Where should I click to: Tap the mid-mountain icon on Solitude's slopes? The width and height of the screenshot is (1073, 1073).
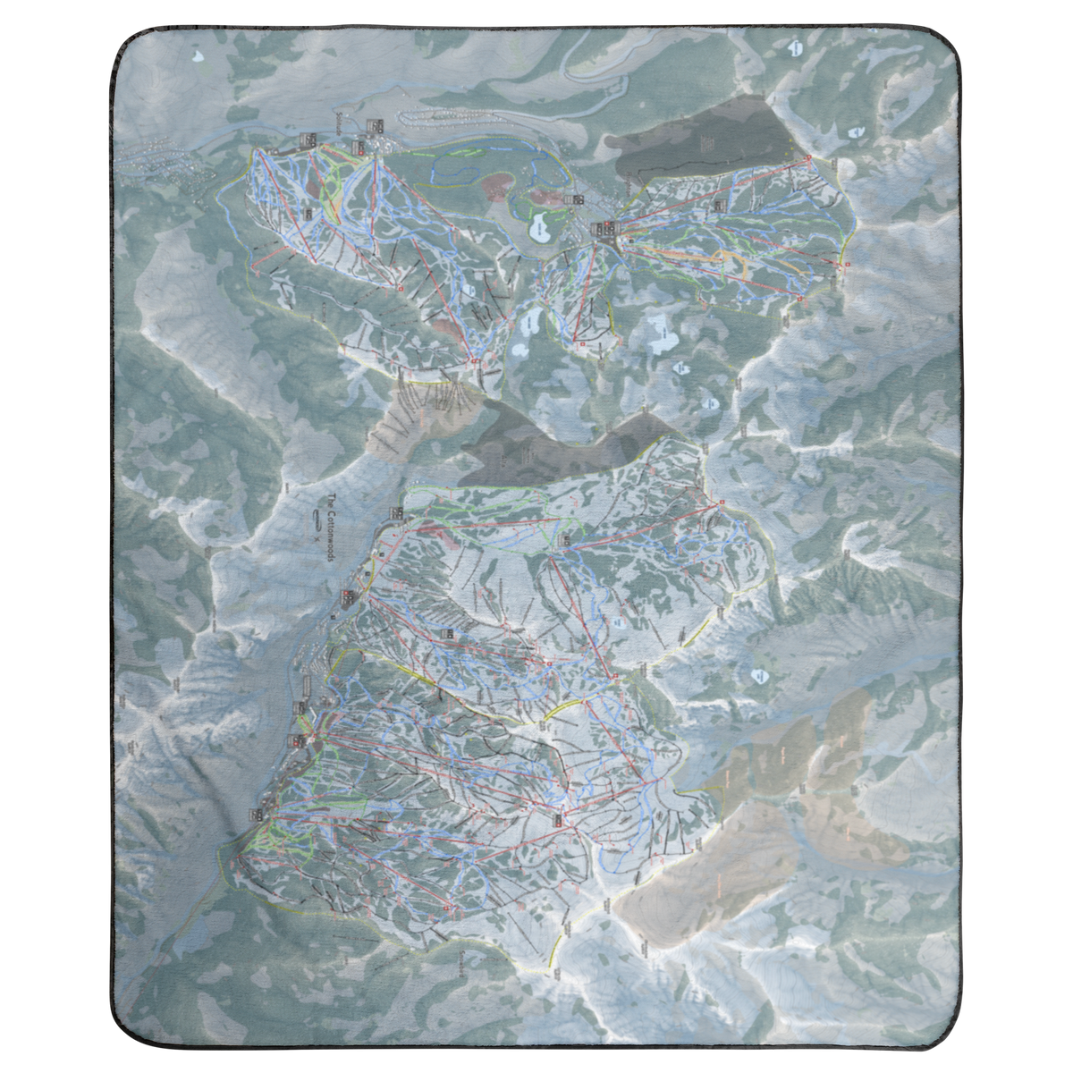point(308,214)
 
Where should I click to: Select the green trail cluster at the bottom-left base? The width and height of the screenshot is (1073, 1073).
point(268,841)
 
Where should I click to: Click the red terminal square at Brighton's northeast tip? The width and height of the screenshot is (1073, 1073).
point(808,158)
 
